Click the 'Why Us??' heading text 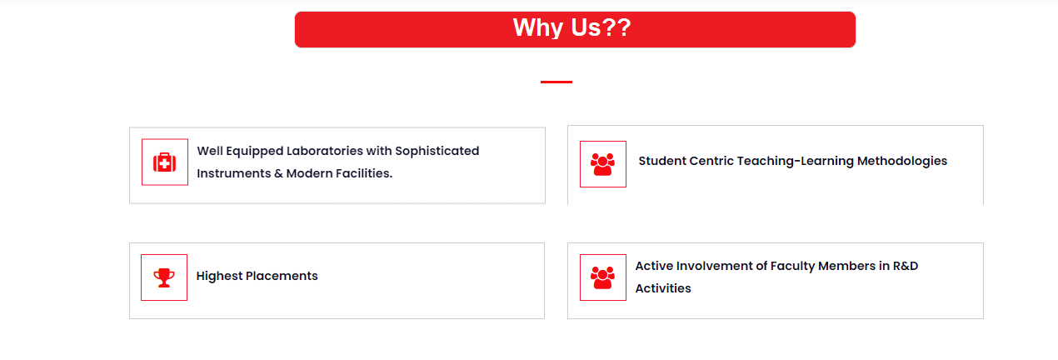(x=571, y=27)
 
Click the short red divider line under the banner (x=556, y=82)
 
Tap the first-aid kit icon (x=164, y=162)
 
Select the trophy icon (x=164, y=277)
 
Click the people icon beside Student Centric (x=602, y=164)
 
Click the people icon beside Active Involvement (x=602, y=277)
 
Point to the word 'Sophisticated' (x=437, y=151)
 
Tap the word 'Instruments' (x=234, y=173)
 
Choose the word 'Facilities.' (x=363, y=173)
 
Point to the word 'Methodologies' (x=902, y=161)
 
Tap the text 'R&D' (x=906, y=266)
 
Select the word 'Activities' (x=663, y=288)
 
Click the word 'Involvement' (x=715, y=266)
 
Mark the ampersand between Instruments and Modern (x=279, y=173)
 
